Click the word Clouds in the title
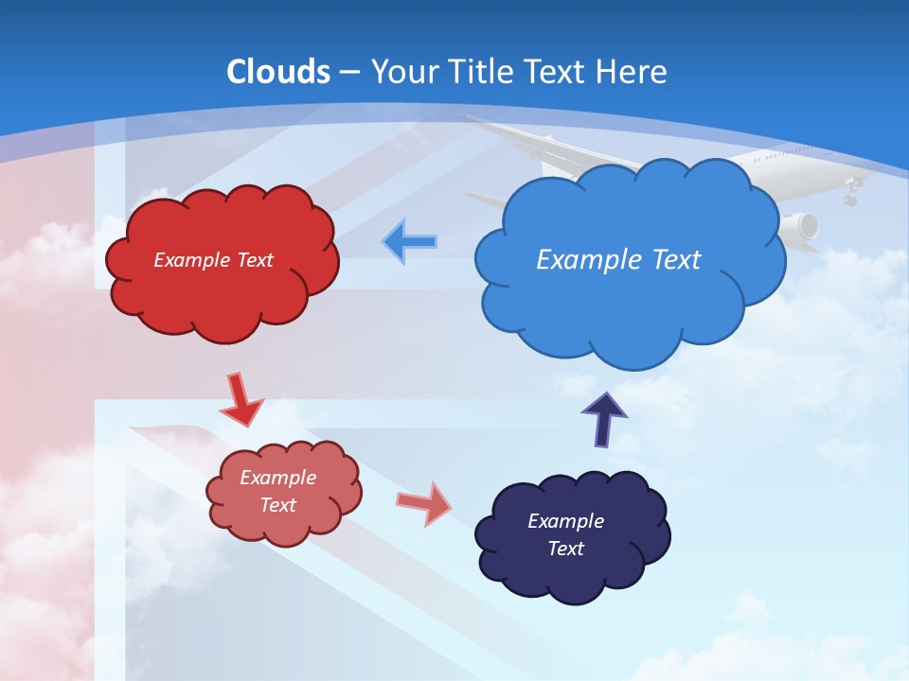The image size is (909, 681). tap(278, 72)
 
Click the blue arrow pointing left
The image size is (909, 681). tap(409, 241)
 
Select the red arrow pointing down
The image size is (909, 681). tap(241, 401)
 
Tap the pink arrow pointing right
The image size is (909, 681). tap(424, 503)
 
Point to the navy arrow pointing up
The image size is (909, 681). tap(604, 420)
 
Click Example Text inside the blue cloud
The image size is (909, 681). tap(618, 259)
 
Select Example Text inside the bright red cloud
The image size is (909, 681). tap(213, 260)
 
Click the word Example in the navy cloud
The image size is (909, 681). tap(565, 521)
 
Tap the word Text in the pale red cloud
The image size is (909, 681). tap(278, 505)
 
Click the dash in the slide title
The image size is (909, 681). tap(348, 72)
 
